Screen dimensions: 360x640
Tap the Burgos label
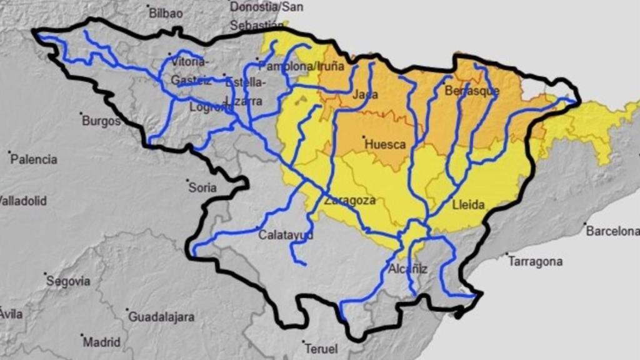point(102,121)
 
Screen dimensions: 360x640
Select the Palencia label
point(34,159)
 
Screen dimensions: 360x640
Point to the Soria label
point(202,187)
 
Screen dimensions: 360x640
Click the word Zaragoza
point(350,201)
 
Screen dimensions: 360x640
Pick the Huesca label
point(385,144)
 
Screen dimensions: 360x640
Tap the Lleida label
point(469,204)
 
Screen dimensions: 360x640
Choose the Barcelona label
point(612,231)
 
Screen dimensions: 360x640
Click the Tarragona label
point(535,261)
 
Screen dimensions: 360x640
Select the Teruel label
point(321,349)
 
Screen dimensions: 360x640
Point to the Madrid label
point(102,342)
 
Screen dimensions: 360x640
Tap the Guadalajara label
point(161,317)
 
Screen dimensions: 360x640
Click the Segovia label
point(68,281)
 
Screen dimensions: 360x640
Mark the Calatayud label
point(286,236)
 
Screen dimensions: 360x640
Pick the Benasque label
point(472,91)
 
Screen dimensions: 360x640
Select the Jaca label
point(365,95)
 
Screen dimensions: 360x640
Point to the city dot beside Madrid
point(82,336)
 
